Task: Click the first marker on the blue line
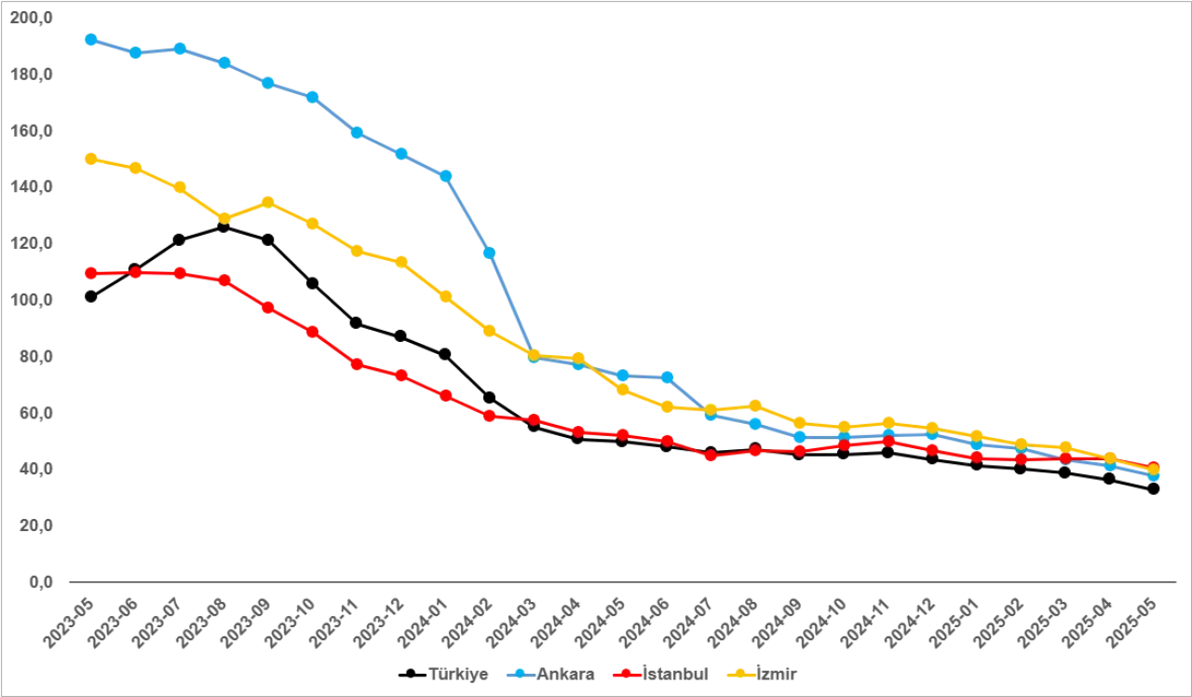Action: coord(91,39)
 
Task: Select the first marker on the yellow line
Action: coord(91,158)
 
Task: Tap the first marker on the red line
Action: coord(91,273)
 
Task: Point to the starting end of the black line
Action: coord(91,296)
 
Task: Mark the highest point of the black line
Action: coord(223,229)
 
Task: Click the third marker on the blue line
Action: coord(180,48)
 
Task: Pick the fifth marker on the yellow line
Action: coord(268,201)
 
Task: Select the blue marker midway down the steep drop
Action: coord(488,253)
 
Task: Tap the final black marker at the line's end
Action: coord(1154,490)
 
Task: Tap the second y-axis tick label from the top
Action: coord(35,75)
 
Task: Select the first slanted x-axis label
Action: coord(65,622)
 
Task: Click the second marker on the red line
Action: coord(136,273)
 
